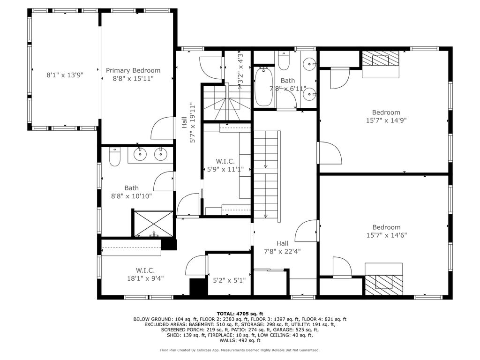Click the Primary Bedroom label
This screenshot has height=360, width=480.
(133, 75)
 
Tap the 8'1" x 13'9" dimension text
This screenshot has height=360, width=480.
(65, 75)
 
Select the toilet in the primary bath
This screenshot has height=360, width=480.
(115, 157)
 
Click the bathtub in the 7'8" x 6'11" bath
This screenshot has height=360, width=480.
(263, 86)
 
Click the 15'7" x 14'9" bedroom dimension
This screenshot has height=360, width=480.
(386, 120)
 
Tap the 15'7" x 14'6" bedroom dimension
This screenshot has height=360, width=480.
(387, 235)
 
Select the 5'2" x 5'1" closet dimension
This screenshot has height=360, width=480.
(229, 280)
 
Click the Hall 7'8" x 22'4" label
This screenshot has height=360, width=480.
(282, 247)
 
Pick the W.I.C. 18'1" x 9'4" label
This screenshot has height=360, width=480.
(145, 274)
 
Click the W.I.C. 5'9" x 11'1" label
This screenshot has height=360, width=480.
(225, 165)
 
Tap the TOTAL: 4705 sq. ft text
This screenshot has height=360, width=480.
(240, 314)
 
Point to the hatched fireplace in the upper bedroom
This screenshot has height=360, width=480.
(381, 58)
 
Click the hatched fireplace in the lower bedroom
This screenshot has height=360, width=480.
(384, 285)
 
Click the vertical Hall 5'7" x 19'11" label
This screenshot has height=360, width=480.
(188, 122)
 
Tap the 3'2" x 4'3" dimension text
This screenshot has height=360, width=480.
(240, 67)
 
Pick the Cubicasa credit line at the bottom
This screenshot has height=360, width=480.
(240, 350)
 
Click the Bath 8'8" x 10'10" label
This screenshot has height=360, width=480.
(131, 192)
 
